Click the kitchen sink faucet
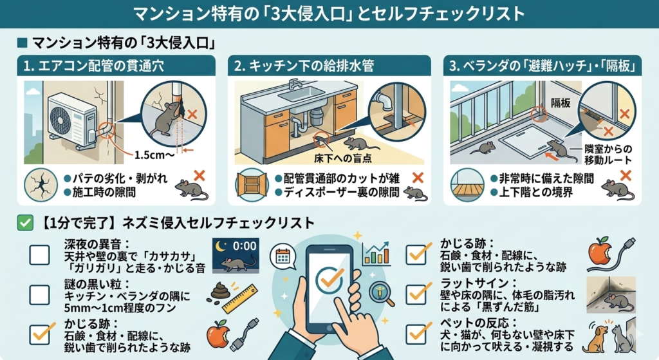pos(295,85)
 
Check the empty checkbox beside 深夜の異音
pos(39,256)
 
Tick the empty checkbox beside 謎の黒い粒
pos(39,294)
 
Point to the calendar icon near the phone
pos(281,256)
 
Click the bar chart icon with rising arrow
pos(376,254)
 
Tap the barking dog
pos(598,335)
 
